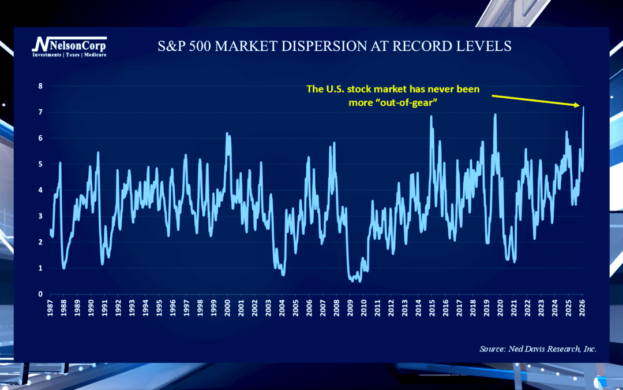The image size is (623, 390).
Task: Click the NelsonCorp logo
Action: click(x=69, y=44)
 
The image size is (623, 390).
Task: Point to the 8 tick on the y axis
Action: click(x=41, y=86)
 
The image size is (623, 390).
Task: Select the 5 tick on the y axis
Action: click(x=41, y=164)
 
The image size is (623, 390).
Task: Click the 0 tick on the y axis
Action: click(x=41, y=294)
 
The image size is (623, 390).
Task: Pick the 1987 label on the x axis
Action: click(x=51, y=309)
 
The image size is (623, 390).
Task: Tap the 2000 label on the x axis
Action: click(x=227, y=309)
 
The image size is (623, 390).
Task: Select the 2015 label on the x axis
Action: click(x=431, y=309)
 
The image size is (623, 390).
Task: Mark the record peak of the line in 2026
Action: click(x=583, y=107)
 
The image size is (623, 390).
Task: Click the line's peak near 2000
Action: click(x=227, y=133)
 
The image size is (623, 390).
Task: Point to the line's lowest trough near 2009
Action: click(x=360, y=281)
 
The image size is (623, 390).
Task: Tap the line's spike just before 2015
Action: click(x=431, y=116)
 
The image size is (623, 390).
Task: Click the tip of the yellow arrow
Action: click(x=579, y=105)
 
